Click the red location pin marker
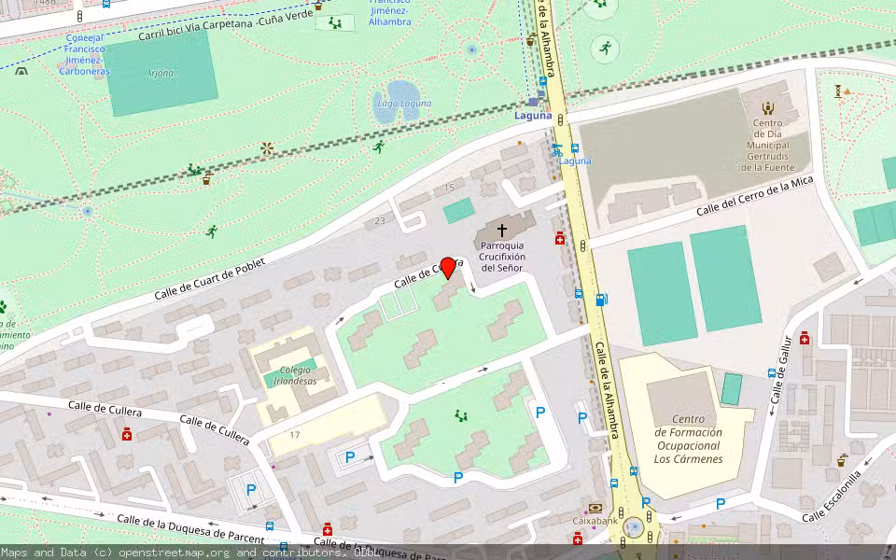(x=448, y=267)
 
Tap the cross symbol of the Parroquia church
(x=501, y=230)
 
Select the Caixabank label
(x=595, y=520)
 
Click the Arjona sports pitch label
(x=161, y=72)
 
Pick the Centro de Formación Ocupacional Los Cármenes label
(x=688, y=439)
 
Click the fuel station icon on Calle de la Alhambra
(x=602, y=300)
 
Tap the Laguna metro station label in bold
(x=533, y=116)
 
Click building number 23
(x=379, y=221)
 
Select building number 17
(x=295, y=435)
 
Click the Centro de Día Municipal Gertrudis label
(x=766, y=146)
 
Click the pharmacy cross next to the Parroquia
(x=560, y=239)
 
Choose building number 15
(x=449, y=188)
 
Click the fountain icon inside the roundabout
(x=635, y=526)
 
